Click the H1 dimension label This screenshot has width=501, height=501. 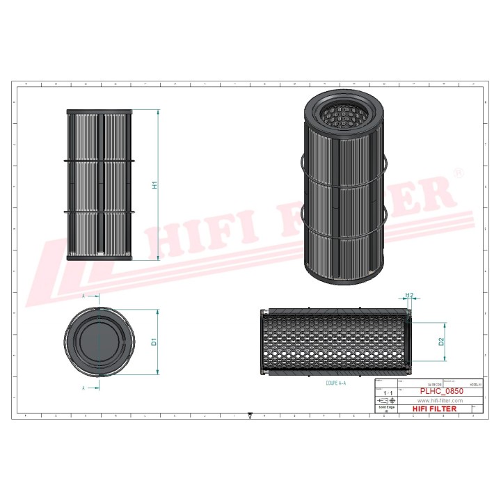155,185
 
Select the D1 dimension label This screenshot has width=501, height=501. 154,342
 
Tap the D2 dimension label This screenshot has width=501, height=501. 440,342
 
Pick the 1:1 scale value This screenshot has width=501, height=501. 386,393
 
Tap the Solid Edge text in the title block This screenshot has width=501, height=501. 386,408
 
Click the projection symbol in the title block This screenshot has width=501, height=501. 386,401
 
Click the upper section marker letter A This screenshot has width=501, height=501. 84,296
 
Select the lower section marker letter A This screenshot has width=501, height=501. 84,387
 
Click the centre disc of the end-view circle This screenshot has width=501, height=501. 98,342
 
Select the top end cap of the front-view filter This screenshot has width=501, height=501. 99,111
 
